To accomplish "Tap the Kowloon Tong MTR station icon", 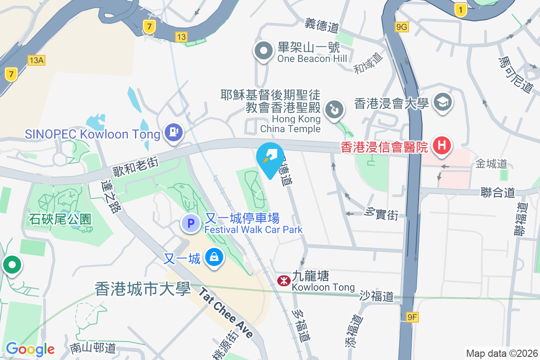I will tap(283, 281).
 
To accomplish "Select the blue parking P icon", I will tap(191, 223).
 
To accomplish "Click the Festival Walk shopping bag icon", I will tap(214, 258).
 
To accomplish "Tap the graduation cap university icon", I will tap(442, 103).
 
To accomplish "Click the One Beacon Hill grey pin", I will tap(264, 51).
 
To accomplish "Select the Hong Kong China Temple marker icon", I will tap(334, 109).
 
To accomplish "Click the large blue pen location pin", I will tap(270, 159).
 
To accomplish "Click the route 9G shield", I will tap(401, 27).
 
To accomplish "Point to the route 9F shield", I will tap(412, 318).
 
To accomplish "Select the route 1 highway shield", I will tap(460, 10).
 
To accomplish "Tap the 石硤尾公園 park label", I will tap(60, 220).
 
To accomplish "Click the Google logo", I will tap(30, 349).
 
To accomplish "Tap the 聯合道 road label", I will tap(498, 193).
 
